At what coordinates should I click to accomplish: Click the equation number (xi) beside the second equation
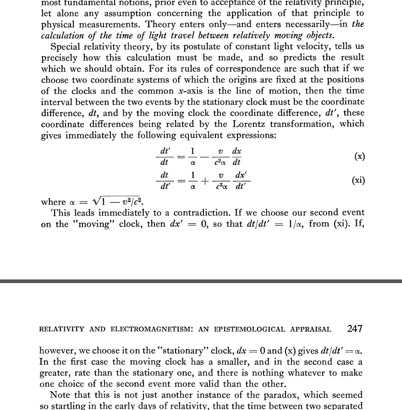(x=358, y=180)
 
